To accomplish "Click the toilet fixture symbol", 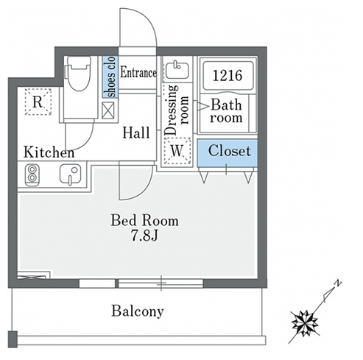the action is [x=78, y=73].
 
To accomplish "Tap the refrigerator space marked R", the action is [x=38, y=102].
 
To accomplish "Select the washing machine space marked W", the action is [x=177, y=151].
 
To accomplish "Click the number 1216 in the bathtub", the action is [x=228, y=75].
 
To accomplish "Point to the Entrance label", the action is [x=138, y=73].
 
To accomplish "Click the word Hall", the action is [x=136, y=133].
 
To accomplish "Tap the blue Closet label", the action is [x=230, y=151].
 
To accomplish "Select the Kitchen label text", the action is [x=49, y=152].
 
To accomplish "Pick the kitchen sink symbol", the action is [x=70, y=174].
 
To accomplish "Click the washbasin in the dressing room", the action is [x=177, y=69].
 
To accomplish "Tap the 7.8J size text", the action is [x=144, y=236].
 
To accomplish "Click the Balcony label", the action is [x=138, y=311].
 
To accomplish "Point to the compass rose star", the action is [x=305, y=323].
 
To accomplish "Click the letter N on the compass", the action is [x=338, y=283].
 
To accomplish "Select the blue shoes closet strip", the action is [x=110, y=77].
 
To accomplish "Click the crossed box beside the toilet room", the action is [x=108, y=110].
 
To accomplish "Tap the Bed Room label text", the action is [x=145, y=220].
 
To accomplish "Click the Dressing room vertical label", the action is [x=177, y=110].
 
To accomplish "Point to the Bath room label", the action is [x=226, y=111].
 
